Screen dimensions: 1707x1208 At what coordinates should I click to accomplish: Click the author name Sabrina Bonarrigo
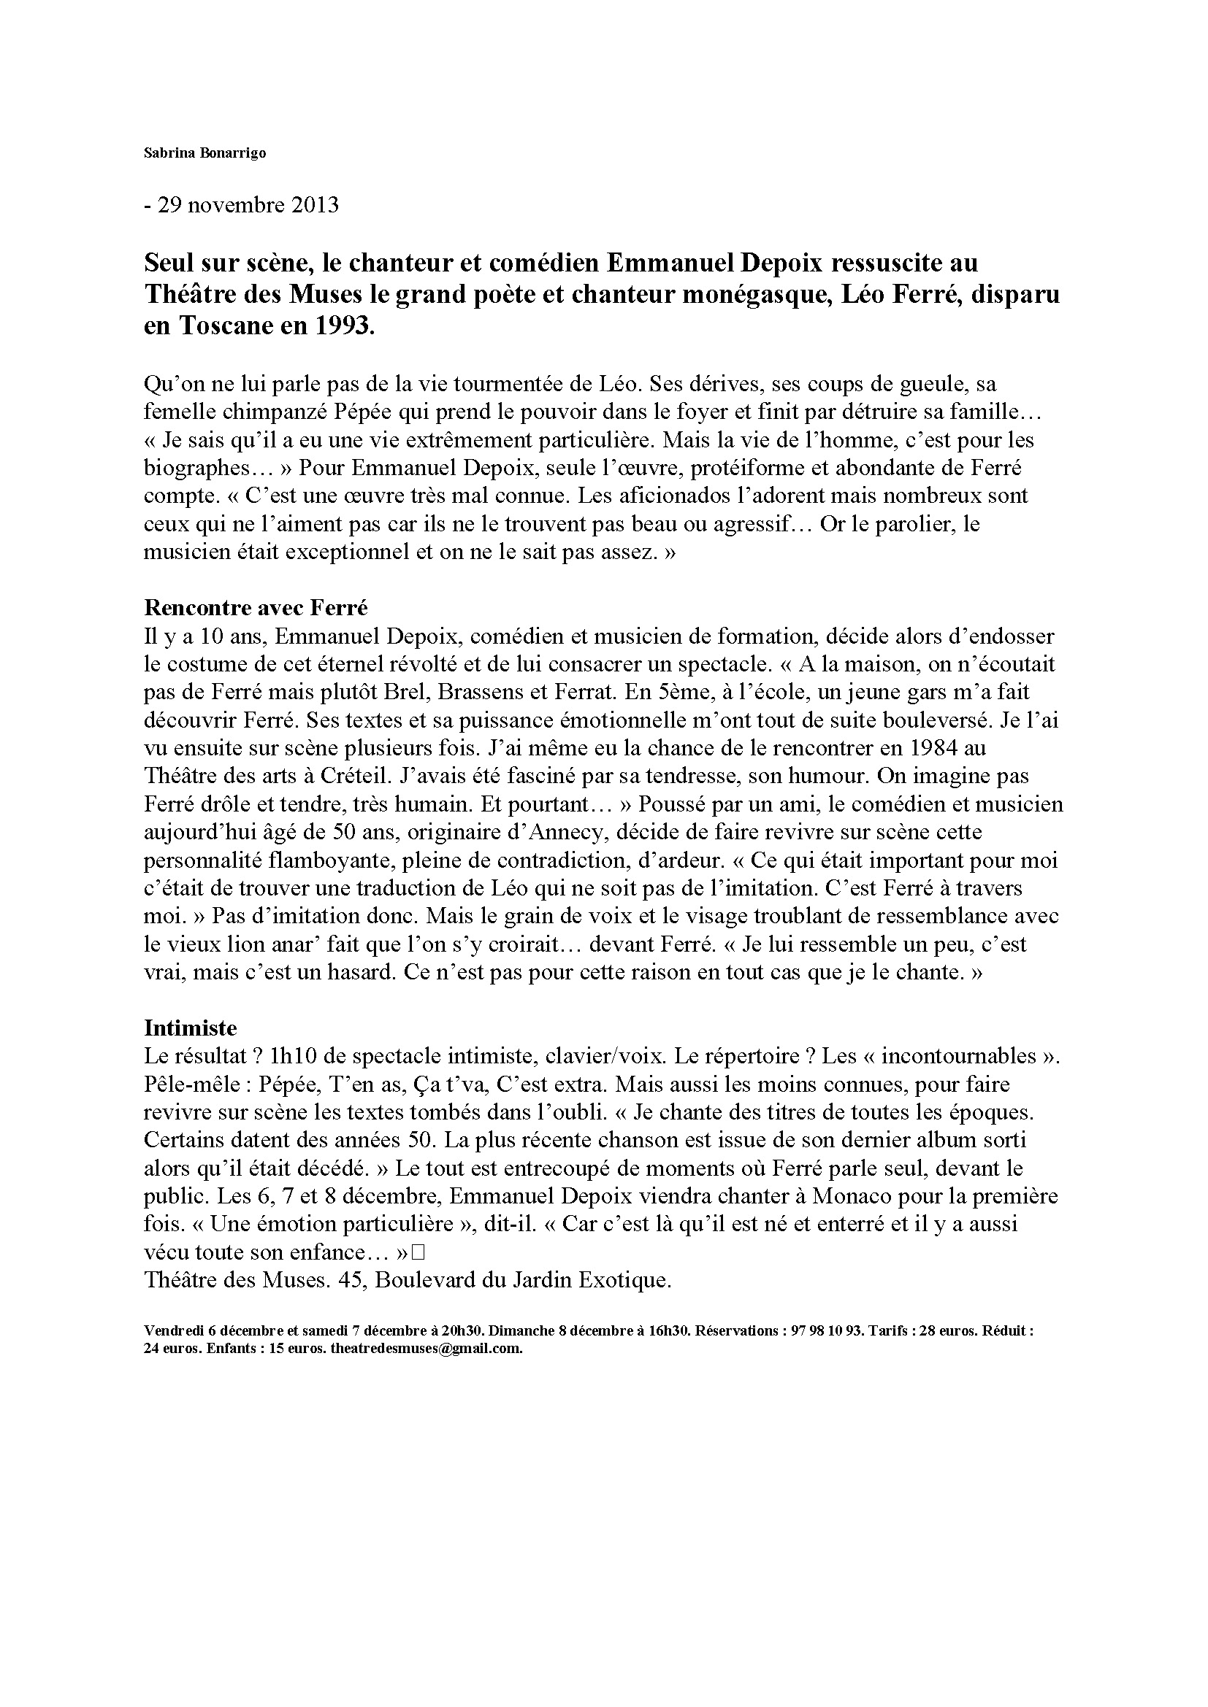(x=194, y=153)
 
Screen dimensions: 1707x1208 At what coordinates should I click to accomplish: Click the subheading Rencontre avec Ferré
(x=256, y=607)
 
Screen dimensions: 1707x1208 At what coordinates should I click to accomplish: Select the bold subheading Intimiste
(x=191, y=1028)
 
